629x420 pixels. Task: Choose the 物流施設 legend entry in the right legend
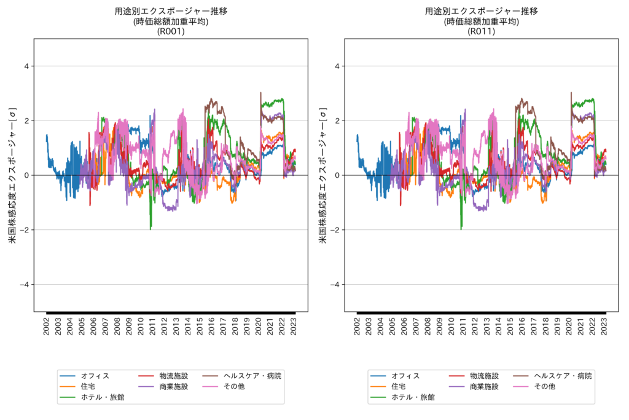(x=484, y=376)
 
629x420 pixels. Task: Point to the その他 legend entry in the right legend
(x=544, y=387)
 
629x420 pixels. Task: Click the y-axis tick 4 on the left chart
(x=27, y=66)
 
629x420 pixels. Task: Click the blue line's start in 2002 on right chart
(x=357, y=135)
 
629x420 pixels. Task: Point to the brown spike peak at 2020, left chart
(x=260, y=93)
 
